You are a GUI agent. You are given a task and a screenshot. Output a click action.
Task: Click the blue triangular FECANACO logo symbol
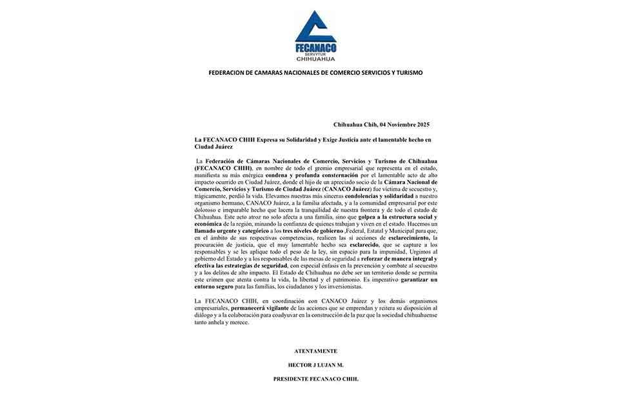(315, 27)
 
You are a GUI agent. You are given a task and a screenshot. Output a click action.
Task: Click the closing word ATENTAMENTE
(315, 351)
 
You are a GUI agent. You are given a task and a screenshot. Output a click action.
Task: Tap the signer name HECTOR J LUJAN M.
(315, 364)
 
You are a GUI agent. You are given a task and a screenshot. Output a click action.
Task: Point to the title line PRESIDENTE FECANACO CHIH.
(315, 379)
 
